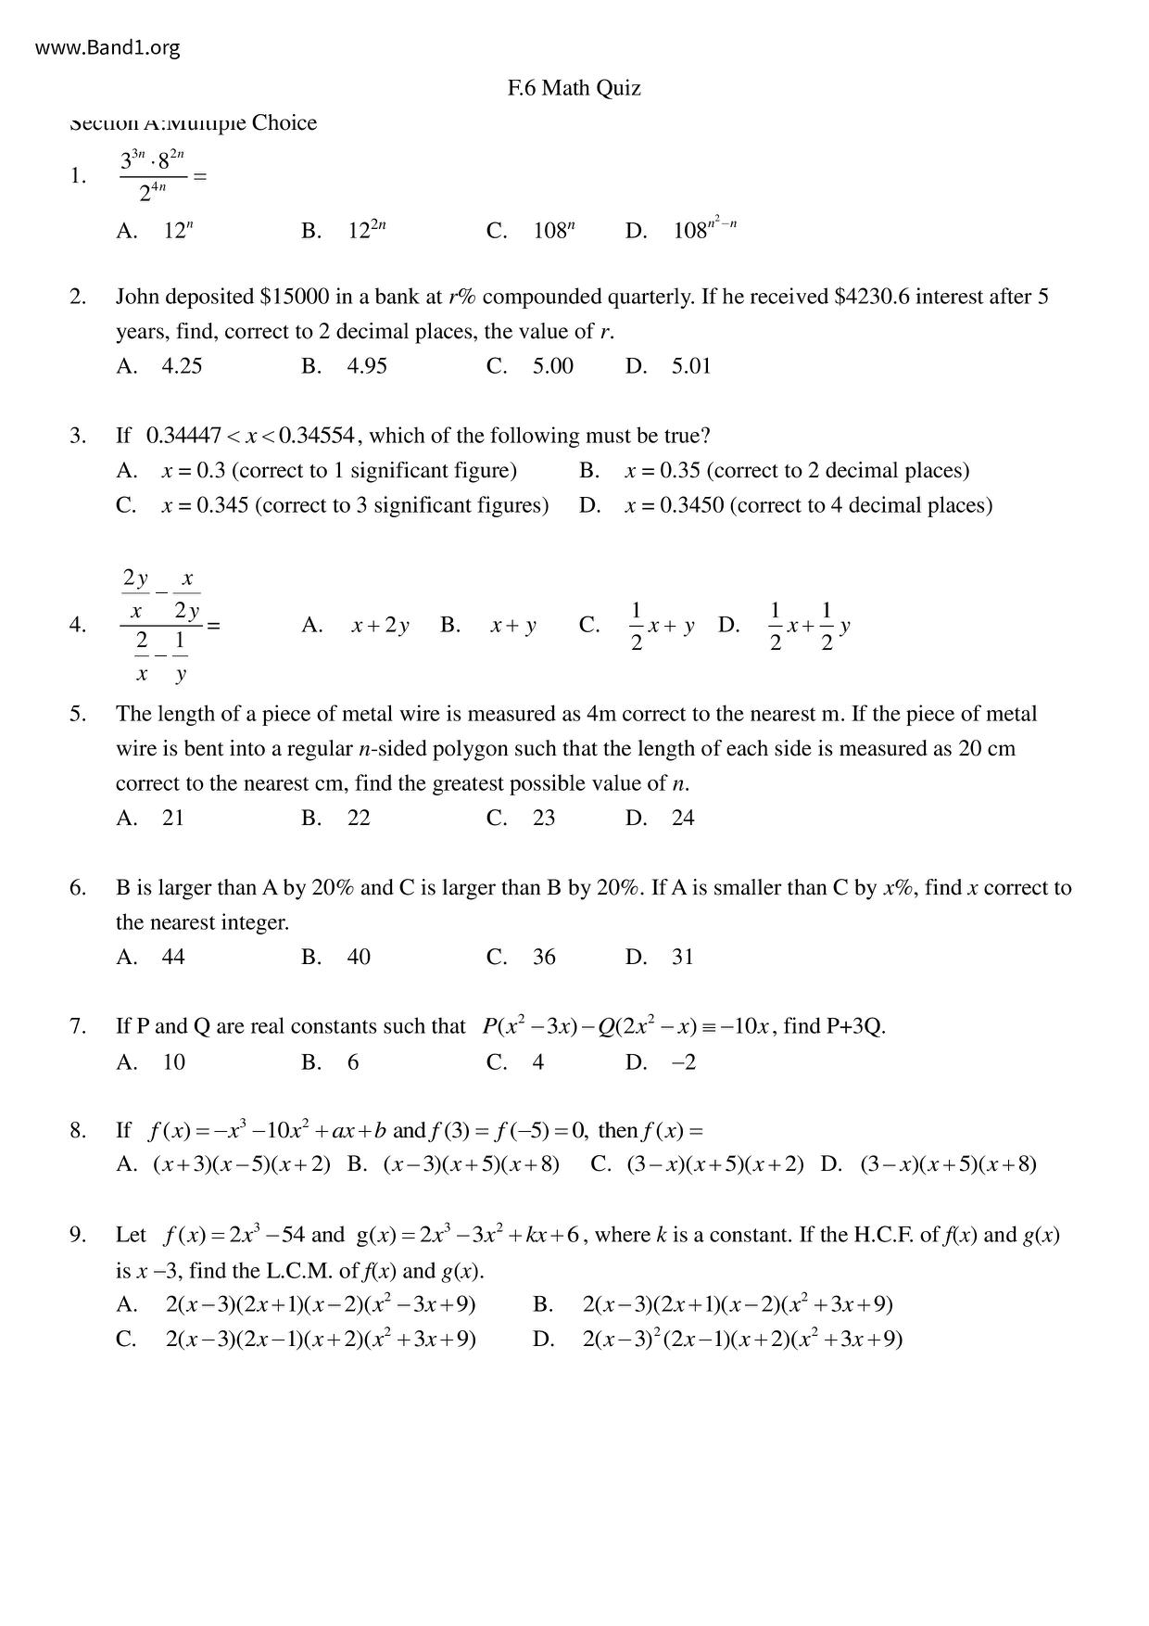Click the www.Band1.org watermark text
click(x=107, y=48)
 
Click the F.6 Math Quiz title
click(x=574, y=88)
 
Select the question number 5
click(x=77, y=714)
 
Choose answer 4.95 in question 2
click(x=367, y=366)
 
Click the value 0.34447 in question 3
click(x=183, y=436)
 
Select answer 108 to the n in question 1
click(x=554, y=231)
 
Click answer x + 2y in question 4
click(x=380, y=626)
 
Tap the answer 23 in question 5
click(x=544, y=818)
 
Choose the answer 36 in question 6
click(x=544, y=957)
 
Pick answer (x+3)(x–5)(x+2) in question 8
click(x=242, y=1164)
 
